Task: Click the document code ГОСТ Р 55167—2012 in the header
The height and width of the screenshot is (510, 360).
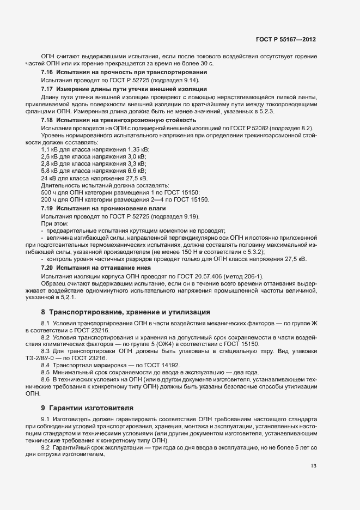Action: tap(285, 40)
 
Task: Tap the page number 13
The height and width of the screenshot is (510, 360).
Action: tap(313, 465)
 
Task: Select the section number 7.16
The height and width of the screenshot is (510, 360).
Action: tap(47, 72)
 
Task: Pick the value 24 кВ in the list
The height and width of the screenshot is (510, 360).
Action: tap(48, 179)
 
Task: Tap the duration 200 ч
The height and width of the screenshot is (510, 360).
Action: tap(48, 201)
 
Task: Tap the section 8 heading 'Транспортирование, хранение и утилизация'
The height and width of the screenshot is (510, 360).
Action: tap(130, 313)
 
